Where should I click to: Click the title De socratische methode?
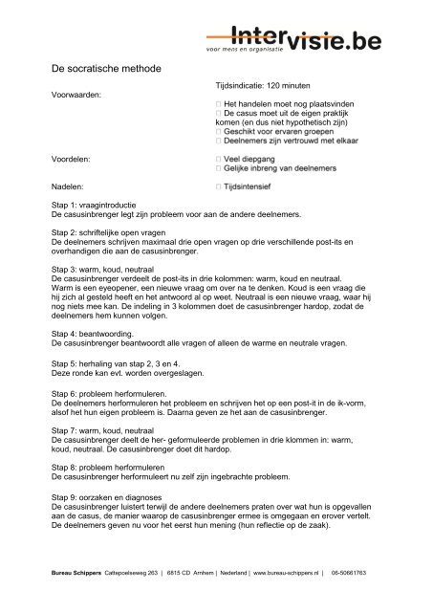pyautogui.click(x=105, y=70)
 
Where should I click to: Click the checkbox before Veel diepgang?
pyautogui.click(x=220, y=155)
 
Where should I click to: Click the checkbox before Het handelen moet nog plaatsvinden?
pyautogui.click(x=220, y=101)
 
